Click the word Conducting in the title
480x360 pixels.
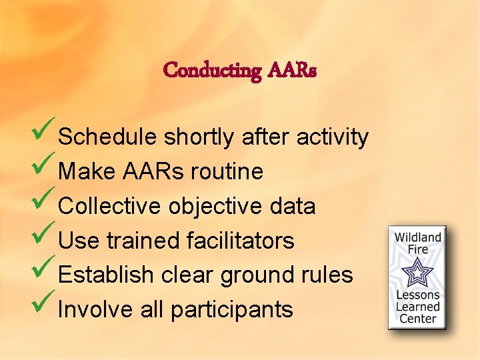click(x=212, y=69)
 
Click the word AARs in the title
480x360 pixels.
click(x=292, y=69)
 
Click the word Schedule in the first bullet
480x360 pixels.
click(x=108, y=137)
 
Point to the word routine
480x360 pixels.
click(x=227, y=172)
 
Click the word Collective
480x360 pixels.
click(x=109, y=207)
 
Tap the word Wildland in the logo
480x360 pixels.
click(x=418, y=238)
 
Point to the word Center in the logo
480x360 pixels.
click(x=418, y=318)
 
